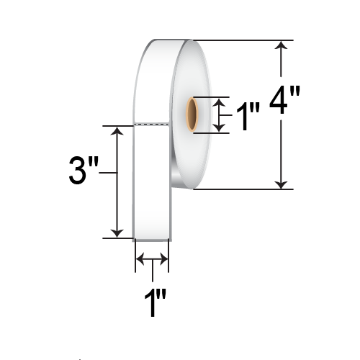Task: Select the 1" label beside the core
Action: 248,116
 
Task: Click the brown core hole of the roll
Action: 194,114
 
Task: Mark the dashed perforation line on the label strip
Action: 152,125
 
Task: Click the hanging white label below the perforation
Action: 152,184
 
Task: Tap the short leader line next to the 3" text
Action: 107,173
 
